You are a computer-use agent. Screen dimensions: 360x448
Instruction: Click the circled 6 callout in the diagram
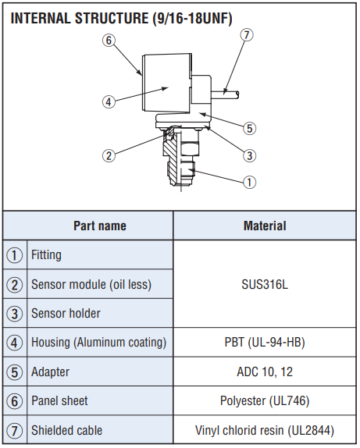pos(109,41)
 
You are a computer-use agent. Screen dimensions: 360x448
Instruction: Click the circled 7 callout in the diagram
pos(247,35)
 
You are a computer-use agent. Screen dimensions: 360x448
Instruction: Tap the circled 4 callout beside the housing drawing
pos(109,101)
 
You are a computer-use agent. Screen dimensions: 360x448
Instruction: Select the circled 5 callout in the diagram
pos(249,128)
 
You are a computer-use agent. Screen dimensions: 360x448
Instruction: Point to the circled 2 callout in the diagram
pos(109,156)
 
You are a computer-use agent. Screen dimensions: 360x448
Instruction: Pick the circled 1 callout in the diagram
pos(249,182)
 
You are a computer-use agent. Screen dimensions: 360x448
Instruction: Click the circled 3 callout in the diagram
pos(249,156)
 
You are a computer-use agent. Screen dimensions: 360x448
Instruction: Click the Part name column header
pos(100,226)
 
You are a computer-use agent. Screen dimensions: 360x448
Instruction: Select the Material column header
pos(265,226)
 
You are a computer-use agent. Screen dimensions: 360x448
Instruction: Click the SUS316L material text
pos(265,285)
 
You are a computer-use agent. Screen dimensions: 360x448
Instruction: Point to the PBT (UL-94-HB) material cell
pos(265,343)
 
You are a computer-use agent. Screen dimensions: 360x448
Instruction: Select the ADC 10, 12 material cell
pos(265,372)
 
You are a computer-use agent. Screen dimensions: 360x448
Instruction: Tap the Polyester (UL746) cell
pos(265,401)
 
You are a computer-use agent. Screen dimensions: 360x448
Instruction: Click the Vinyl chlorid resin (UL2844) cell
pos(265,430)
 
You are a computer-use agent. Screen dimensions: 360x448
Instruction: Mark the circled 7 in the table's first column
pos(14,431)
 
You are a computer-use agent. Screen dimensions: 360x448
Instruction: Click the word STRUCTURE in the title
pos(112,18)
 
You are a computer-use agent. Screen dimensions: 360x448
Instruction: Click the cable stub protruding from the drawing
pos(225,95)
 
